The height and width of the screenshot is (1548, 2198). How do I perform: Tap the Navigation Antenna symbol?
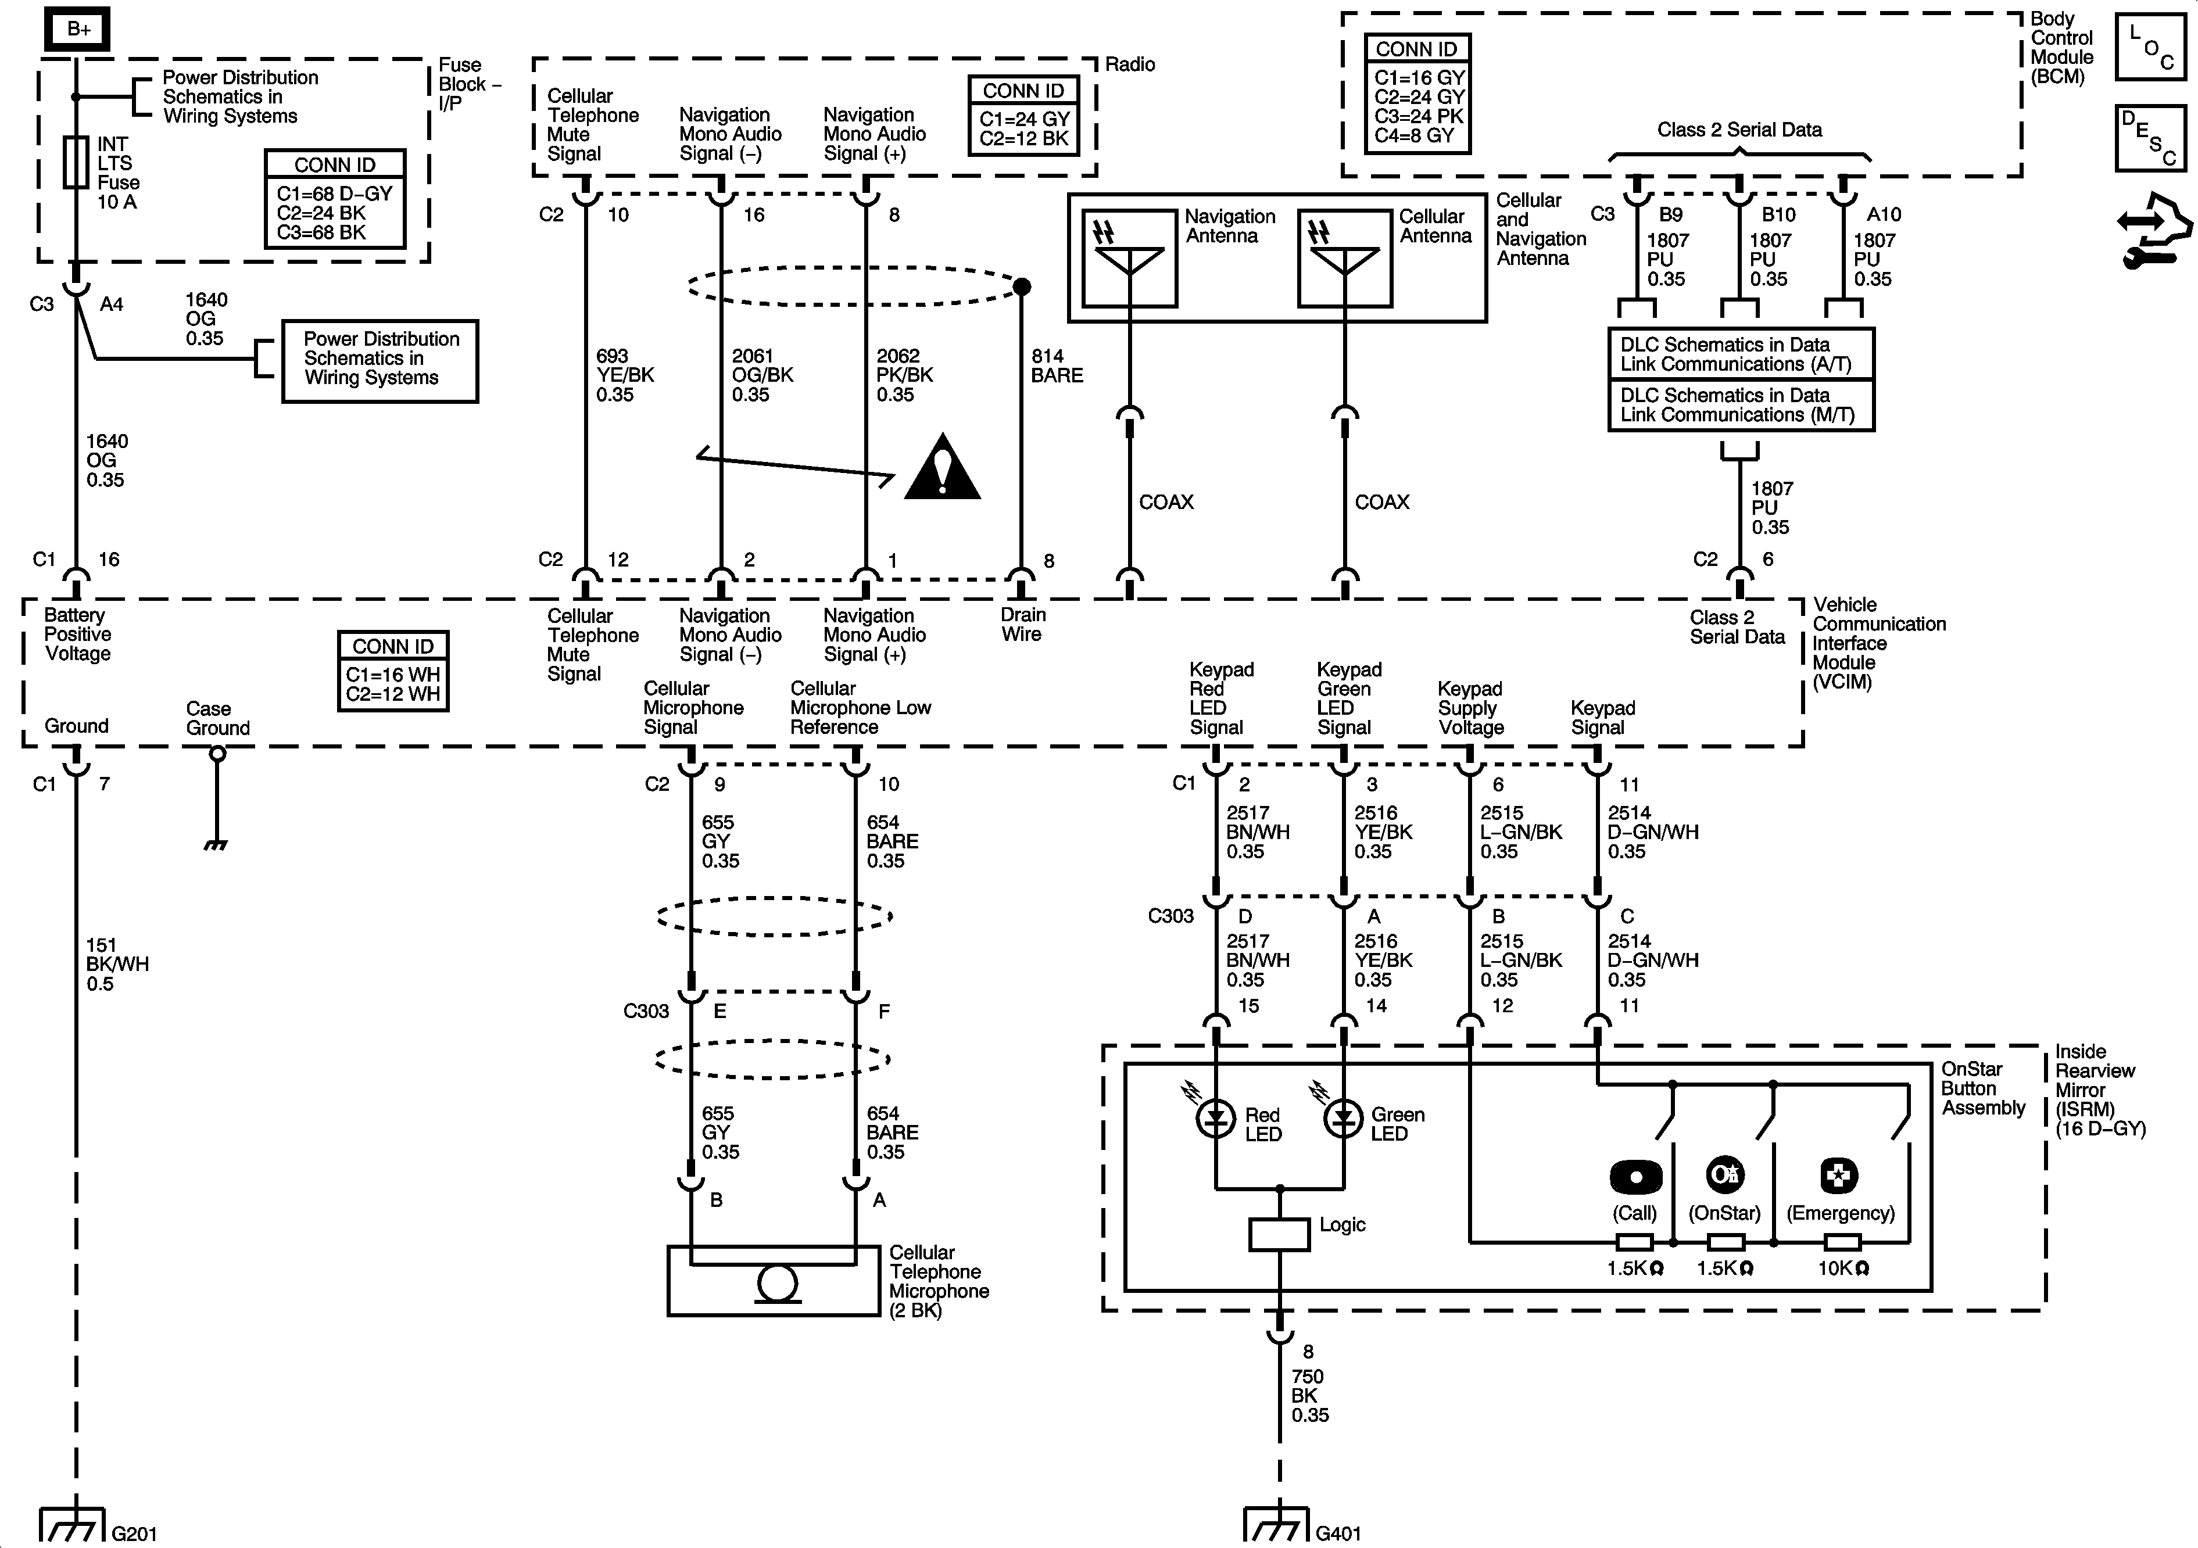pos(1130,257)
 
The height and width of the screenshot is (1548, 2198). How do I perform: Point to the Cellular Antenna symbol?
pos(1344,257)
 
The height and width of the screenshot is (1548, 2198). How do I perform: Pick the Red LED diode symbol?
pos(1216,1116)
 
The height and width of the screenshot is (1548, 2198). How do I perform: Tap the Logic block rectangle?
pos(1279,1234)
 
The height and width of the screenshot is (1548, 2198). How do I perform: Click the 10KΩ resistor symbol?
pos(1842,1242)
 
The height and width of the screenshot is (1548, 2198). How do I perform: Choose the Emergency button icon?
pos(1839,1176)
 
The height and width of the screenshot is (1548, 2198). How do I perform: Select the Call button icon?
pos(1636,1177)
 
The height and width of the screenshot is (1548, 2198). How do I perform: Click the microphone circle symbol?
pos(778,1283)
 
